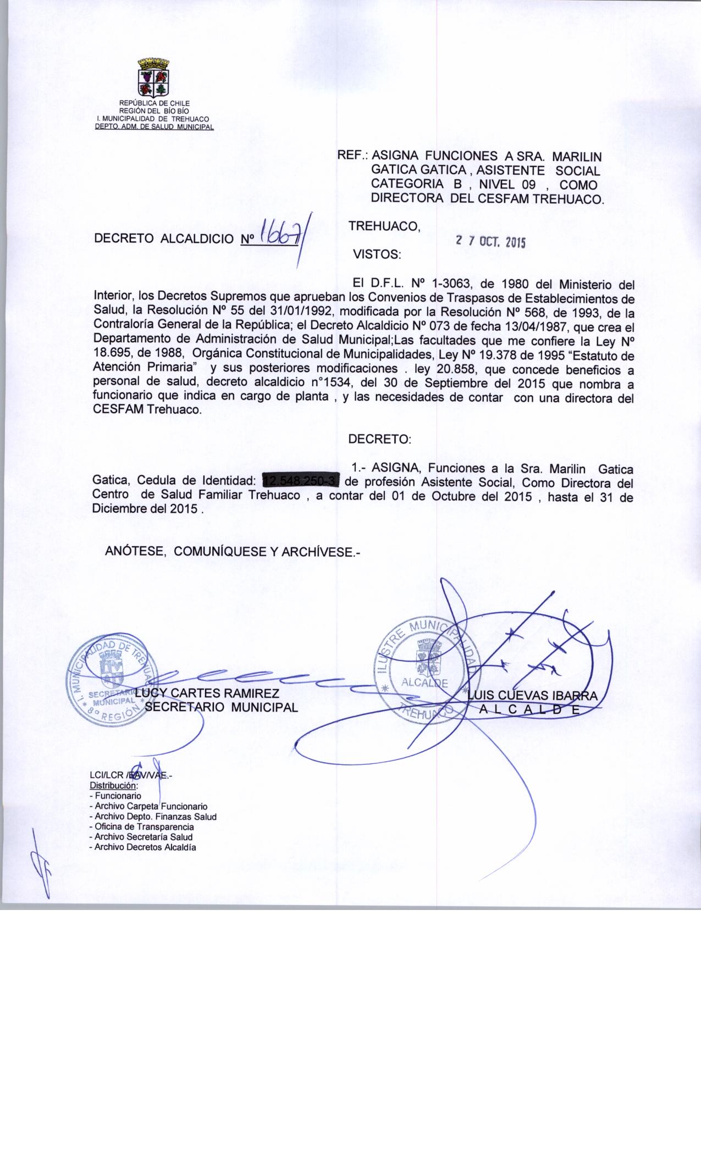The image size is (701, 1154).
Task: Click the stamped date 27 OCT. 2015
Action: (x=490, y=241)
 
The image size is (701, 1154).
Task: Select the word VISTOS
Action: (x=377, y=255)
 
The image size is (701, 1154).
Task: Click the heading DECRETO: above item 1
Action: (x=379, y=440)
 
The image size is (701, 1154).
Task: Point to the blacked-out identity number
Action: (x=302, y=482)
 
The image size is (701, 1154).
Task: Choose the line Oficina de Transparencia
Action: (x=141, y=826)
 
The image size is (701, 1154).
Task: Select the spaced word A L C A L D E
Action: (x=529, y=709)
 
